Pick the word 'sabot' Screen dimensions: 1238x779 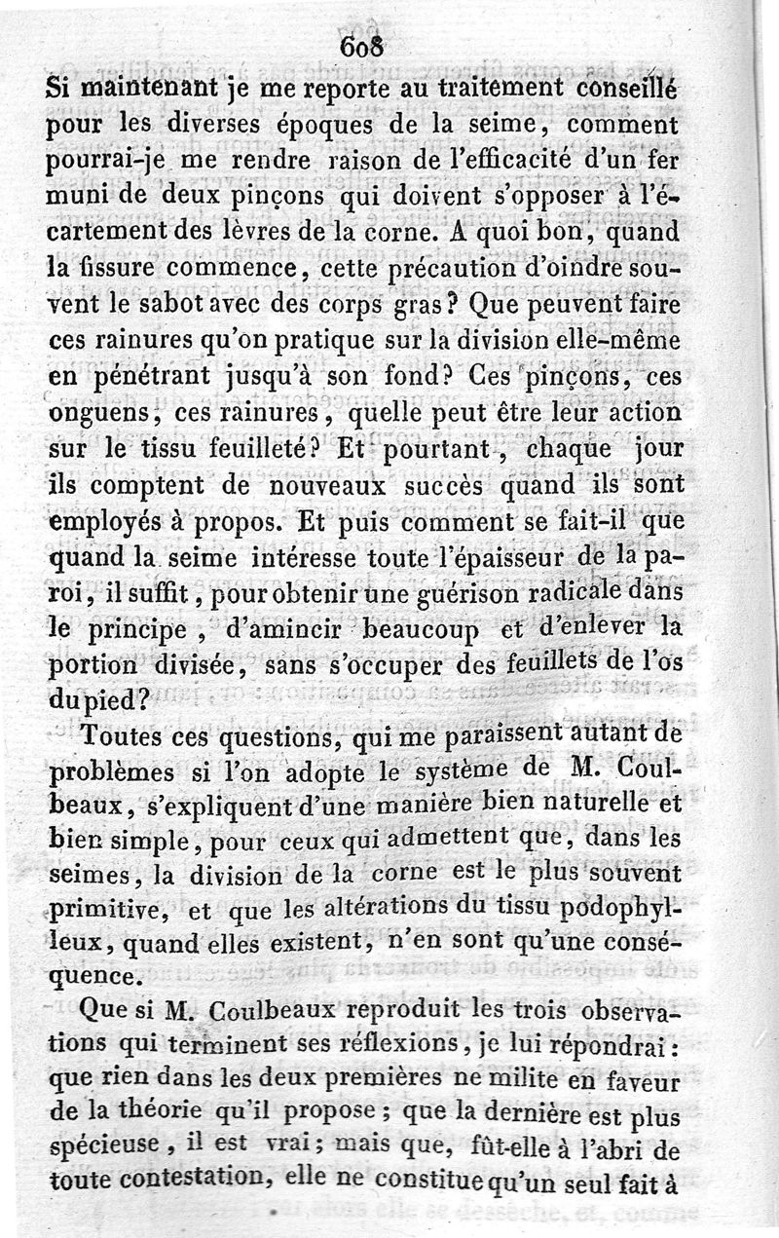(x=158, y=303)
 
